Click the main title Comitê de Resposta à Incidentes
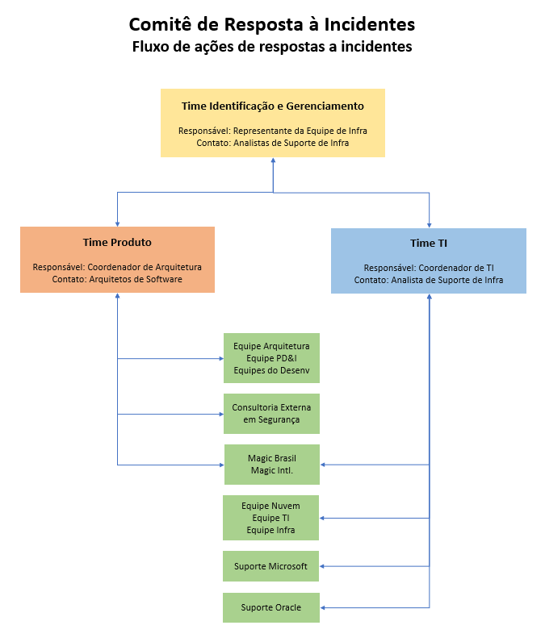coord(272,24)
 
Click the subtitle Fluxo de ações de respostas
coord(272,47)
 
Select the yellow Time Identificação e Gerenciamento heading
coord(272,106)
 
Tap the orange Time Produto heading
coord(117,242)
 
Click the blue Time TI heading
coord(428,243)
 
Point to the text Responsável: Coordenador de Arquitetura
coord(117,267)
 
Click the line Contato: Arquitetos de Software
coord(117,279)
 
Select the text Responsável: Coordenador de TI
coord(428,268)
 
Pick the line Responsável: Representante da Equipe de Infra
coord(272,131)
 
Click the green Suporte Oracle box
coord(271,607)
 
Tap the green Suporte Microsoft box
coord(271,566)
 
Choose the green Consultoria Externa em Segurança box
coord(271,414)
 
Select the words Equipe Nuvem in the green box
coord(270,506)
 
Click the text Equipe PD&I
coord(271,357)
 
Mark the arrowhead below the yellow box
coord(273,160)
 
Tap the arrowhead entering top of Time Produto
coord(118,223)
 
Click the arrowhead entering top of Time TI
coord(429,224)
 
